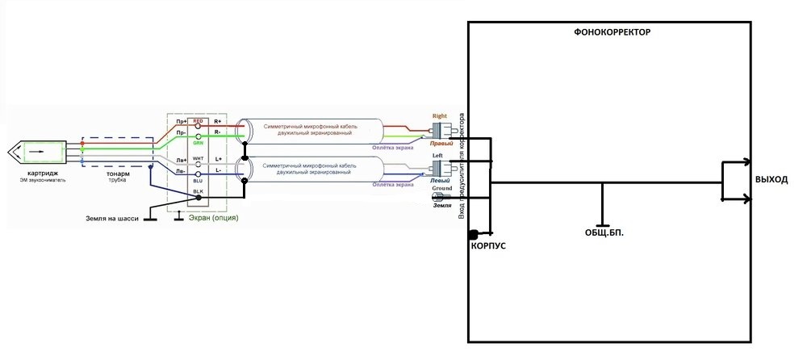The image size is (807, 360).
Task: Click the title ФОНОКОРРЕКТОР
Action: click(612, 32)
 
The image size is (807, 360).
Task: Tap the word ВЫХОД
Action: click(771, 179)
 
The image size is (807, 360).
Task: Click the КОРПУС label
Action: click(488, 245)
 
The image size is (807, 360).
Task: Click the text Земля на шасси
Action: click(112, 218)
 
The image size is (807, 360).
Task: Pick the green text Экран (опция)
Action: click(213, 218)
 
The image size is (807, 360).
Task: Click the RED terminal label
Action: click(198, 121)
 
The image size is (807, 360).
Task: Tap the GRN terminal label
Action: click(198, 142)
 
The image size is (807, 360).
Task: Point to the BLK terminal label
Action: click(198, 191)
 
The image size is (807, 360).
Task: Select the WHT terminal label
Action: click(198, 159)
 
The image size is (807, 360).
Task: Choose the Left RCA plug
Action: click(441, 167)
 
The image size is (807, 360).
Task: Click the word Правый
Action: click(441, 143)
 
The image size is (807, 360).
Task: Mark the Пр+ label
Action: click(182, 121)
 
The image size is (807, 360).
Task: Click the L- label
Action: click(219, 170)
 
